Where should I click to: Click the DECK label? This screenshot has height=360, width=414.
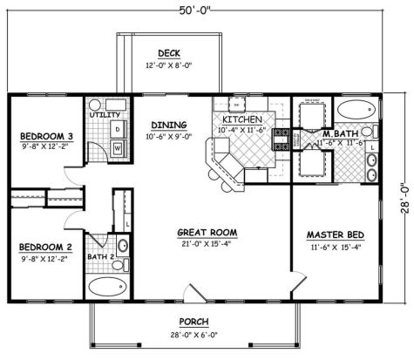[169, 52]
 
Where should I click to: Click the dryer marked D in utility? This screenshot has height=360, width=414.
[117, 129]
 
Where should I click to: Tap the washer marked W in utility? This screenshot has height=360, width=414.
[117, 148]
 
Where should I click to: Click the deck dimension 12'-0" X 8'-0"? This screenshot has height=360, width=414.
[169, 65]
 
